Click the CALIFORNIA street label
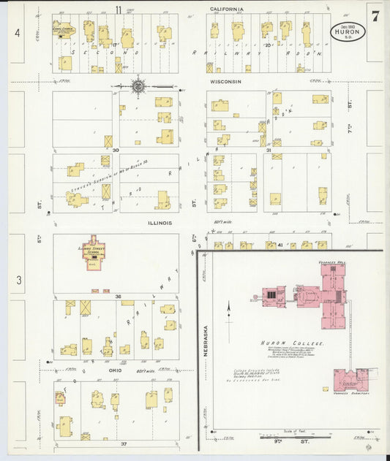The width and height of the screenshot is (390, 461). [226, 9]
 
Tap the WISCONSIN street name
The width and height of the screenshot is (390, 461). [226, 82]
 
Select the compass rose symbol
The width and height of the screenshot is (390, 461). [138, 87]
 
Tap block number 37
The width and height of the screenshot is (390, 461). [124, 443]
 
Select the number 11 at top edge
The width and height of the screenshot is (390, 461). [119, 9]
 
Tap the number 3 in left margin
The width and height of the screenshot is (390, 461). [18, 279]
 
